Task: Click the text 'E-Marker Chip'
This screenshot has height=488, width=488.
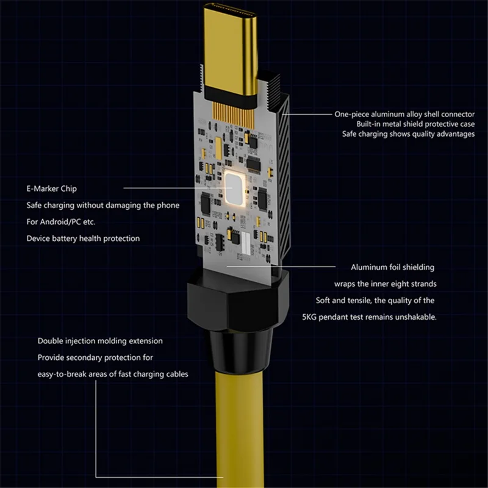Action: pos(51,189)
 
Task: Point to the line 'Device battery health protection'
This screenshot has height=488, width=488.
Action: pos(83,238)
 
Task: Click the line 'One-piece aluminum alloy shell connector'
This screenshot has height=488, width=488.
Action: pos(404,113)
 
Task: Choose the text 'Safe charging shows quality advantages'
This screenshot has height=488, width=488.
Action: pos(408,134)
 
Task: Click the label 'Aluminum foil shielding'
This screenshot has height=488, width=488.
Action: pos(392,267)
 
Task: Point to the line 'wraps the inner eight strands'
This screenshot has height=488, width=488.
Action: pos(385,284)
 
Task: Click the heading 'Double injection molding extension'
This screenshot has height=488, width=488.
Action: pos(100,341)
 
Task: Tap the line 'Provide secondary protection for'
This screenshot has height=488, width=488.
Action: pos(95,357)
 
